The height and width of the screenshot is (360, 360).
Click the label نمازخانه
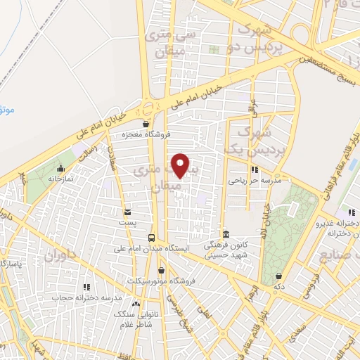[61, 179]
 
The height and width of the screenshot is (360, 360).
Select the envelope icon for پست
[127, 212]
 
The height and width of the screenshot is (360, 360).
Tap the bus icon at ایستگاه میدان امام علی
[151, 237]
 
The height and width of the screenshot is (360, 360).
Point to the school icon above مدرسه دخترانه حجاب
[87, 287]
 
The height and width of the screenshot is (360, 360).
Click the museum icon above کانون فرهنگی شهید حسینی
[225, 234]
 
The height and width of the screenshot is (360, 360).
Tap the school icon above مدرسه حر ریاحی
[254, 169]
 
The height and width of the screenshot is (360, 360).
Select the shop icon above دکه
[280, 276]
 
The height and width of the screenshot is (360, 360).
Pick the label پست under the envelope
[127, 221]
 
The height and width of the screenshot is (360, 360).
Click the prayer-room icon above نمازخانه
[61, 169]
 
